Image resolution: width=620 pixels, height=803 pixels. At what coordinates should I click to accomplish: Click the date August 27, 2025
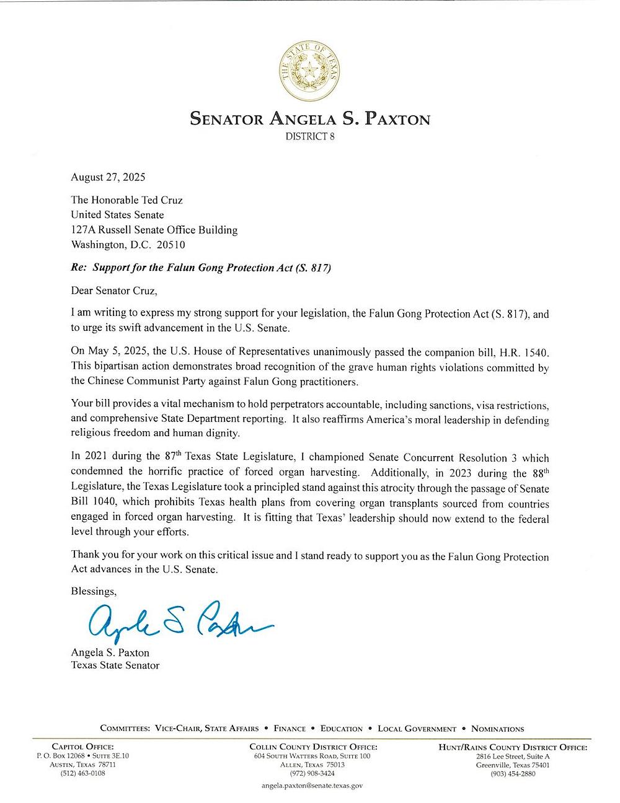pyautogui.click(x=108, y=177)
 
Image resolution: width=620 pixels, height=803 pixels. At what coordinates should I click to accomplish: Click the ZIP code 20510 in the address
pyautogui.click(x=171, y=245)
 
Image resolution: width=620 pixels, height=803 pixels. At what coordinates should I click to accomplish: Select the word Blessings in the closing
pyautogui.click(x=94, y=591)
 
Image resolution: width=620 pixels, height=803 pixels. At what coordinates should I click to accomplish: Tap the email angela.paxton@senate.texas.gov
pyautogui.click(x=312, y=785)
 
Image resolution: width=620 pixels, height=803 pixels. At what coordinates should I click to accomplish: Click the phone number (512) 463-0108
pyautogui.click(x=82, y=773)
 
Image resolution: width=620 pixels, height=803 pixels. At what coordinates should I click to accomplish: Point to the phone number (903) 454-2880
pyautogui.click(x=512, y=773)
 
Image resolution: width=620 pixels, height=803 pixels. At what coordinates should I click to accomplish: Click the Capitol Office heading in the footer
pyautogui.click(x=82, y=747)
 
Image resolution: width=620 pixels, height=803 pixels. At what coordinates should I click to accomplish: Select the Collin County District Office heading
pyautogui.click(x=312, y=747)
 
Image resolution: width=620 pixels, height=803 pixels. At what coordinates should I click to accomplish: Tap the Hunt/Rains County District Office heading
pyautogui.click(x=512, y=747)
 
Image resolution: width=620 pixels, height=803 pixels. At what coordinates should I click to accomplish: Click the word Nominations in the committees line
pyautogui.click(x=497, y=729)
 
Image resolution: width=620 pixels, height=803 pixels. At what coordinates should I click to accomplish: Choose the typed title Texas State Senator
pyautogui.click(x=115, y=665)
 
